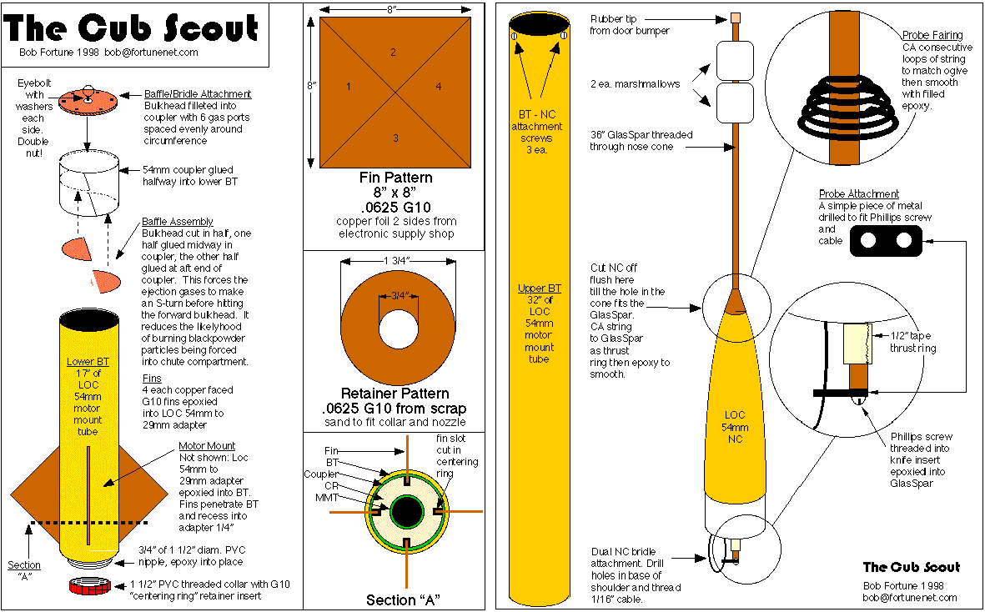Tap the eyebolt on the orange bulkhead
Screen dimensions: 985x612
click(x=88, y=92)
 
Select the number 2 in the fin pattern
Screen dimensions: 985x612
click(x=393, y=52)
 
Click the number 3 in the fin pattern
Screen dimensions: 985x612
click(x=395, y=138)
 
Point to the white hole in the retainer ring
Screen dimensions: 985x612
click(x=399, y=329)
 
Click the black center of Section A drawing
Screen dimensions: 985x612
click(x=406, y=512)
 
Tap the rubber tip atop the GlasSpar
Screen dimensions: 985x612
click(x=736, y=18)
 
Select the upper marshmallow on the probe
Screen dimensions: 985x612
click(x=735, y=61)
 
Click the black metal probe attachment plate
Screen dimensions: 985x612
click(x=886, y=240)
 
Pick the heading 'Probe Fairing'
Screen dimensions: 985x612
click(x=932, y=35)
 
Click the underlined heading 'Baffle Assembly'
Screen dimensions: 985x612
click(x=177, y=222)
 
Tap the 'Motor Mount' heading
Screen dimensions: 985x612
click(x=207, y=446)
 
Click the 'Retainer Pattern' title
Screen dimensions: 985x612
click(x=395, y=394)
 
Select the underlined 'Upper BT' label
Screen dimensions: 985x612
click(x=539, y=288)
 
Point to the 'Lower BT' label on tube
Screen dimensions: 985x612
click(x=88, y=362)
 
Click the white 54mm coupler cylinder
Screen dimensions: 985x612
click(x=88, y=183)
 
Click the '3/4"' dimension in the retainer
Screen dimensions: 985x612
click(x=399, y=296)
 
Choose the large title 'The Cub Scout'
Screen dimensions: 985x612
click(x=131, y=28)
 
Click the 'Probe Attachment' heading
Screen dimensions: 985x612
click(x=859, y=194)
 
